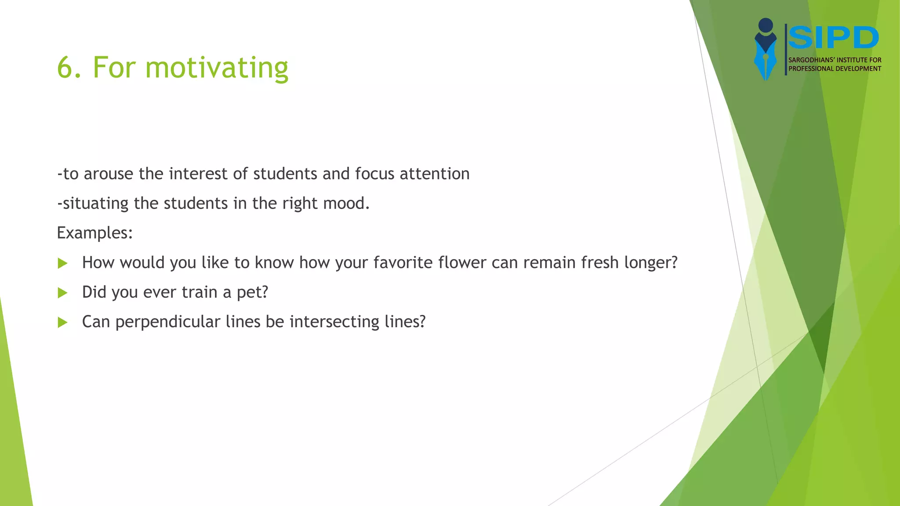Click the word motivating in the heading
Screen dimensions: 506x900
(217, 68)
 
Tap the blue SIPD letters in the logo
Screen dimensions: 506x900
(833, 38)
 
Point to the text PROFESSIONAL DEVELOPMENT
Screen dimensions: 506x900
(835, 69)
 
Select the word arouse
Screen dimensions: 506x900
(108, 174)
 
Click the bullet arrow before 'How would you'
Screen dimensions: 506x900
(63, 264)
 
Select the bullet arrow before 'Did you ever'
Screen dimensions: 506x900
(63, 293)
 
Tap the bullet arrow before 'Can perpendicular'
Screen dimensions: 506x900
(63, 323)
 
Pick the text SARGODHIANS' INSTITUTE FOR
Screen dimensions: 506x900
(835, 60)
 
